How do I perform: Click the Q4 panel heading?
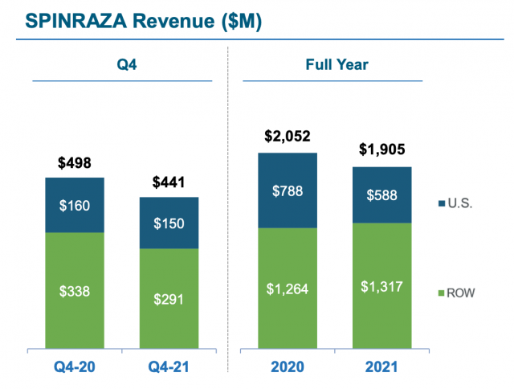tap(122, 63)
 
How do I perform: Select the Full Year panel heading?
tap(334, 63)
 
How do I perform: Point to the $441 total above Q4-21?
tap(169, 182)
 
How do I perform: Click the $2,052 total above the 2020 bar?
tap(288, 137)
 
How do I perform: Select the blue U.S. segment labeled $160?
tap(75, 205)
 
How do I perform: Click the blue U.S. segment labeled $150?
tap(169, 223)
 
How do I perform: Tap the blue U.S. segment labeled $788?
tap(288, 190)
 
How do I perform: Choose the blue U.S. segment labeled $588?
tap(381, 194)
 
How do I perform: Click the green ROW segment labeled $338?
tap(75, 290)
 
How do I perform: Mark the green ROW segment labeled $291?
tap(169, 298)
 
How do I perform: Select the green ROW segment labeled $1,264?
tap(288, 288)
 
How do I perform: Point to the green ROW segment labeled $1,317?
tap(381, 285)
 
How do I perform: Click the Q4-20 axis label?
tap(75, 369)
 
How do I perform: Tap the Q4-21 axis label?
tap(169, 369)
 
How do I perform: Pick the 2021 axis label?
tap(381, 369)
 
